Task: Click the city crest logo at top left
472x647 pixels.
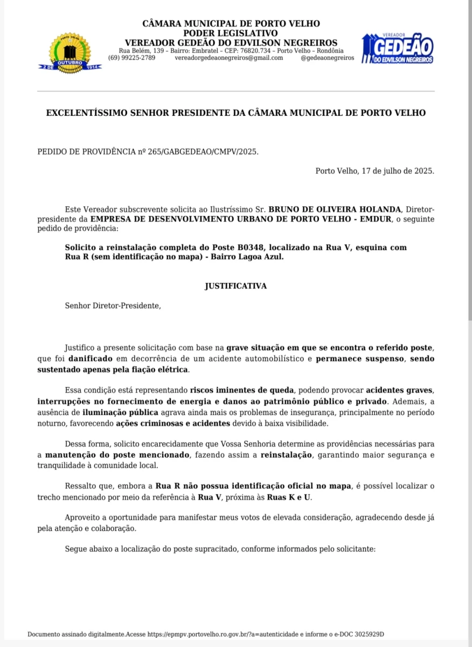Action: click(70, 53)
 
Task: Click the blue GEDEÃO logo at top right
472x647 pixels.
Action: click(398, 49)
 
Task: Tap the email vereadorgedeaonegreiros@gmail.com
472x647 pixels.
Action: click(229, 58)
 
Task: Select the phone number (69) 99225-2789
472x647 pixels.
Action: click(131, 58)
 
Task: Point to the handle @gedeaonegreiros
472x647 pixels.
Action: click(327, 58)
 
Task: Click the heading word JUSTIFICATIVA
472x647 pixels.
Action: click(235, 286)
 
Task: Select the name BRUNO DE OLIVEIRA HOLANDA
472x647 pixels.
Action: click(335, 209)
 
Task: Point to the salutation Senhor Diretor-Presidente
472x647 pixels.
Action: click(113, 306)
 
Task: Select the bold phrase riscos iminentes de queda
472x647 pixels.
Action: click(242, 389)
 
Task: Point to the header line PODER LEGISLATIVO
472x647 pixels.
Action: click(231, 33)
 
